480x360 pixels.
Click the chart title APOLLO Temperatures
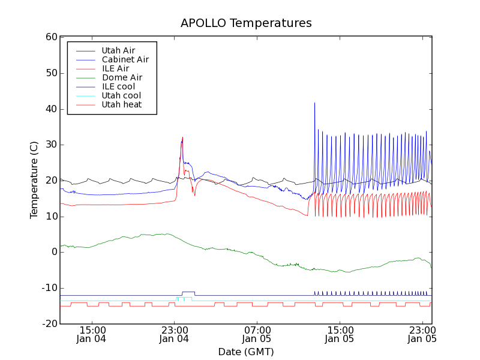[246, 23]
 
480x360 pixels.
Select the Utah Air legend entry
[118, 50]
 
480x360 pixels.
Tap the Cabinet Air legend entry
[125, 59]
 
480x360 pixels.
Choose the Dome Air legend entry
[122, 77]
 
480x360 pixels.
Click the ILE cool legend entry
[118, 86]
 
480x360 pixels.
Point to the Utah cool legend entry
[121, 95]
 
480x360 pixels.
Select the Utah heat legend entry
[122, 104]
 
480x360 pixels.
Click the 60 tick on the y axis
[50, 37]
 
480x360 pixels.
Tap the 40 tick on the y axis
[50, 109]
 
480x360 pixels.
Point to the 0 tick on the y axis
[53, 252]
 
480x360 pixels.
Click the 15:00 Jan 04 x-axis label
[92, 334]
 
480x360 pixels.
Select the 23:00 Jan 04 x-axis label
[174, 334]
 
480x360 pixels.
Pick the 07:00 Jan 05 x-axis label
[257, 334]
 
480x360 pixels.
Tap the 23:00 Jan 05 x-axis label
[422, 334]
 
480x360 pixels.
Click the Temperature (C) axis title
[34, 180]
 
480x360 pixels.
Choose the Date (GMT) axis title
[246, 352]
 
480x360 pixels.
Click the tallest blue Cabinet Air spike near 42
[314, 103]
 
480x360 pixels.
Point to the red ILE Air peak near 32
[182, 137]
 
